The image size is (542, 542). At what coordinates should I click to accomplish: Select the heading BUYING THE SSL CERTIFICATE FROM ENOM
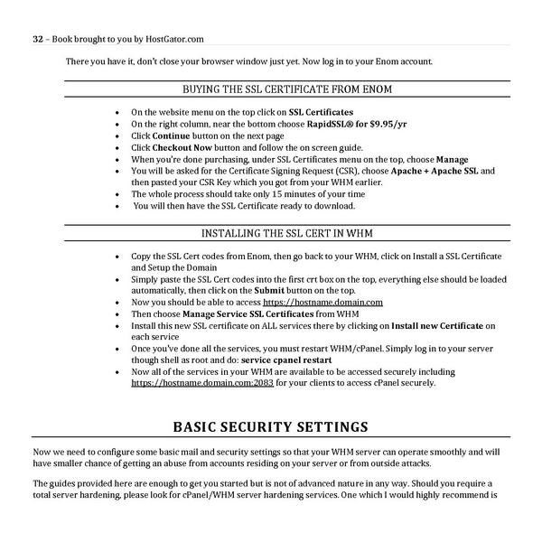tap(286, 89)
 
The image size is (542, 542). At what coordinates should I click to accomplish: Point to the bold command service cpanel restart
tap(281, 360)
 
